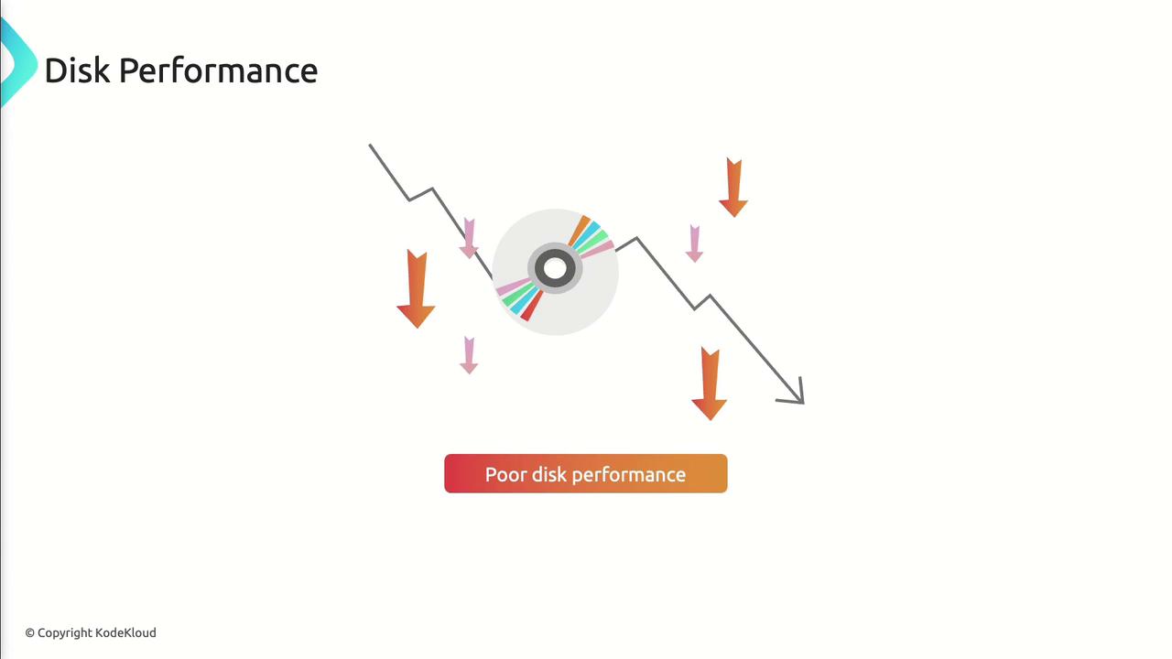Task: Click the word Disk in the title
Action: tap(78, 70)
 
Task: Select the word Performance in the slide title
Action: tap(219, 71)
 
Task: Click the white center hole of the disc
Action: tap(555, 268)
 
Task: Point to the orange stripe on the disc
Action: tap(580, 230)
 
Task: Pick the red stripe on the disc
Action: tap(532, 306)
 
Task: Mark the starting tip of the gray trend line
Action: tap(371, 146)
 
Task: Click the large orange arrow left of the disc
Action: tap(416, 289)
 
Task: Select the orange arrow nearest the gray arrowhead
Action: tap(710, 384)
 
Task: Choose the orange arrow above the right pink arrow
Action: tap(733, 188)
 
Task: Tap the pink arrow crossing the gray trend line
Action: tap(469, 239)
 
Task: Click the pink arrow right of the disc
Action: tap(694, 243)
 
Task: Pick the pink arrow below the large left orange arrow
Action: tap(469, 356)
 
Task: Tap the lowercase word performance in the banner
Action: tap(629, 475)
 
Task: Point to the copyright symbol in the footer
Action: tap(30, 633)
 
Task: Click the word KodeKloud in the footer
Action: tap(125, 632)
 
